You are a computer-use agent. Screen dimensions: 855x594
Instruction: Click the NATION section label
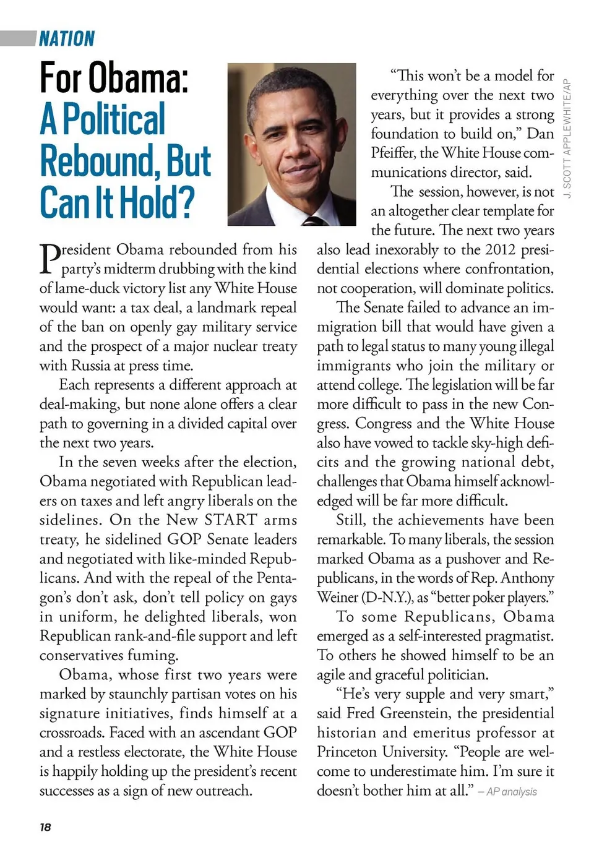click(67, 39)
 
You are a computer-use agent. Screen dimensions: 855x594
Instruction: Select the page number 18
click(45, 827)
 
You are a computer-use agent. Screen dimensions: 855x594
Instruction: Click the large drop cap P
click(49, 259)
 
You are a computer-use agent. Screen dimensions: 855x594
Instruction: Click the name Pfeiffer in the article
click(393, 153)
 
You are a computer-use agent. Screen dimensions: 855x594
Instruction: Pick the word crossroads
click(72, 733)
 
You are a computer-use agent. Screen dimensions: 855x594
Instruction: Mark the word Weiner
click(337, 598)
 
